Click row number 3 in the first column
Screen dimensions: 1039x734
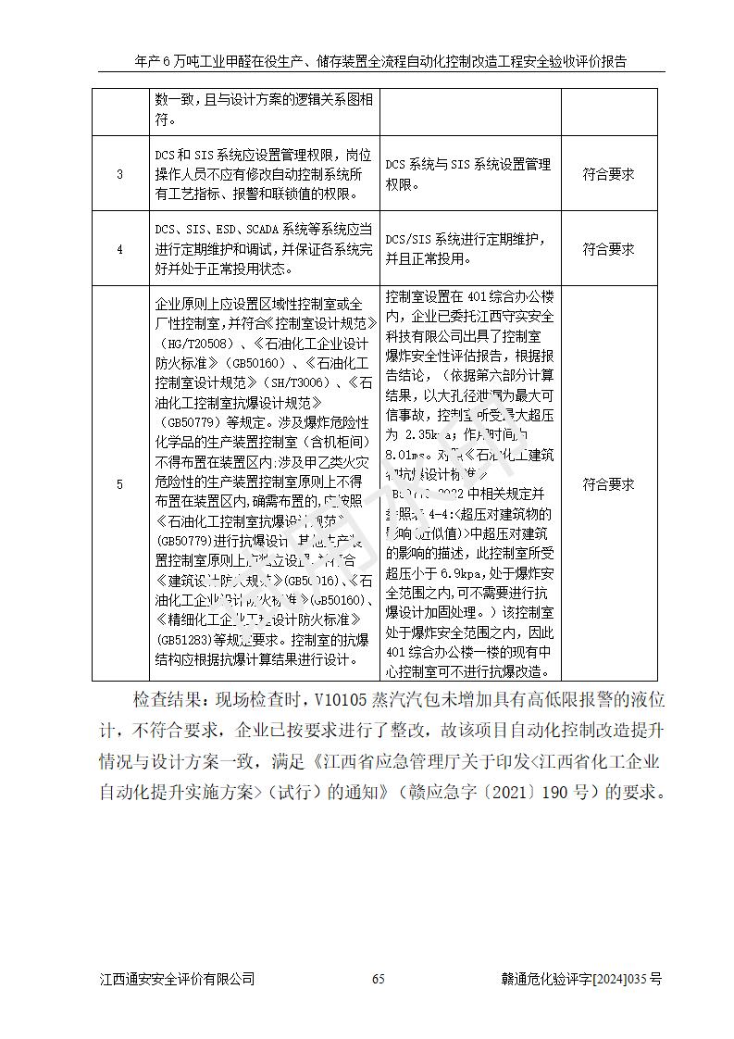(119, 174)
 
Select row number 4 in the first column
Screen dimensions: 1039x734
(119, 249)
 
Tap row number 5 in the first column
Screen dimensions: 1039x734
(119, 484)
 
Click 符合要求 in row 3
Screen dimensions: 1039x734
(608, 174)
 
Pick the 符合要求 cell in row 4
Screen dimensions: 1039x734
(608, 249)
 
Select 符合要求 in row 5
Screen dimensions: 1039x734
(608, 484)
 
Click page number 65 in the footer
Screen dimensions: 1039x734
(378, 979)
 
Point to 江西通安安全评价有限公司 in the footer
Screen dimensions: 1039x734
(177, 979)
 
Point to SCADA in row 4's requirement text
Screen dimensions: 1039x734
(269, 228)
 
